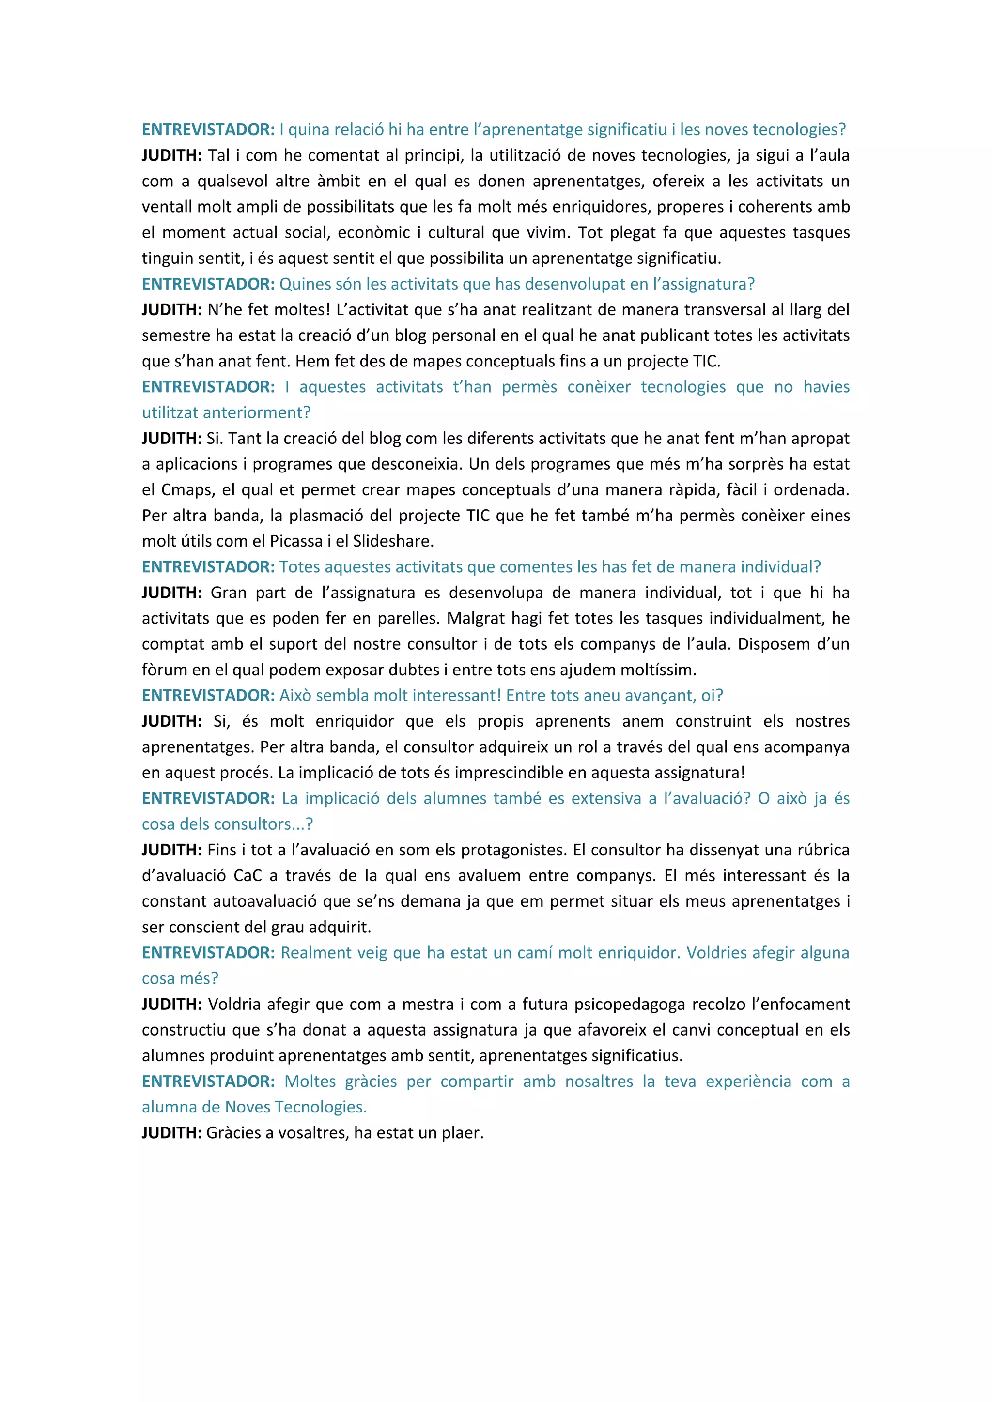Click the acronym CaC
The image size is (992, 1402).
pyautogui.click(x=248, y=876)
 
